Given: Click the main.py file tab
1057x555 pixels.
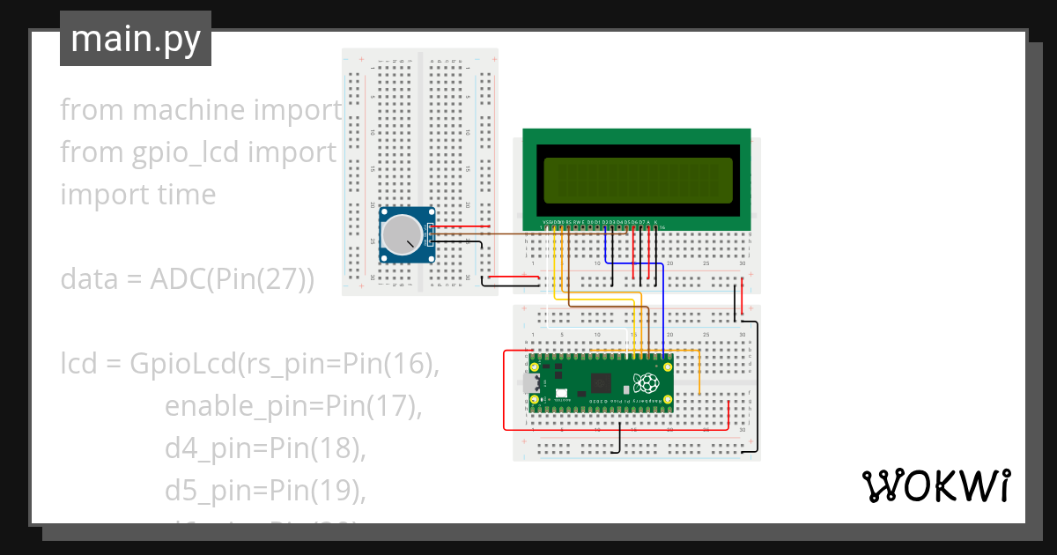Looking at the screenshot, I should pyautogui.click(x=135, y=39).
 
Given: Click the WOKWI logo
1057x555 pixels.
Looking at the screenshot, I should pyautogui.click(x=935, y=485).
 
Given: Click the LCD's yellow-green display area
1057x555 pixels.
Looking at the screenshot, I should pyautogui.click(x=638, y=181).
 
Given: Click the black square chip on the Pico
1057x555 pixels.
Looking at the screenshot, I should pyautogui.click(x=602, y=382).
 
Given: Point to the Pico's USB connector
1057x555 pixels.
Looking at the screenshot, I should pyautogui.click(x=529, y=383).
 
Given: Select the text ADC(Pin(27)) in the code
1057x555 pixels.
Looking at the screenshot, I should pyautogui.click(x=232, y=279).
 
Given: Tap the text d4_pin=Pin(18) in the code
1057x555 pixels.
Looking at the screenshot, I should pyautogui.click(x=265, y=448).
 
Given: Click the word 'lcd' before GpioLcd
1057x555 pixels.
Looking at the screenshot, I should pyautogui.click(x=78, y=364).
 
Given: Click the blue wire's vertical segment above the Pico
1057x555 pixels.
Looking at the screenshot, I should pyautogui.click(x=662, y=308).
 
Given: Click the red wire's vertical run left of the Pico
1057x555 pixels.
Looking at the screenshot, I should pyautogui.click(x=504, y=388).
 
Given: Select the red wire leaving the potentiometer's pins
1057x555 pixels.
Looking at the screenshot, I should pyautogui.click(x=458, y=226).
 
